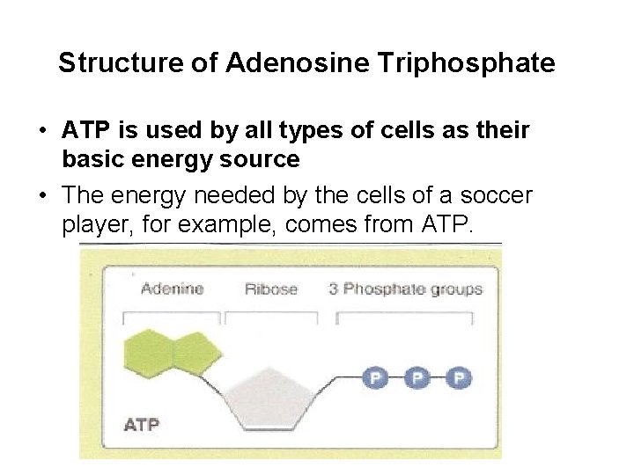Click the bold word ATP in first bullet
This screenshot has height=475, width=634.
[85, 131]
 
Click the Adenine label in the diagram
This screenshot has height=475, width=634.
[172, 289]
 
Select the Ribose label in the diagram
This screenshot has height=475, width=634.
[270, 289]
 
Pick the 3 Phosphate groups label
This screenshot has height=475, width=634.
[405, 289]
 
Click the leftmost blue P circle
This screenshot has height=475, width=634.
[375, 378]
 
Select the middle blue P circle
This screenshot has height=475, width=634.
[417, 378]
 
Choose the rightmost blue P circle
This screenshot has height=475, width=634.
[458, 378]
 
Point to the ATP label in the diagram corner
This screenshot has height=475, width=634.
[141, 425]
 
